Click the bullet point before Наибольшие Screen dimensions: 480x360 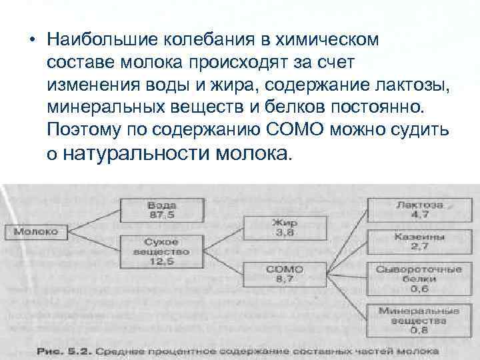31,39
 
